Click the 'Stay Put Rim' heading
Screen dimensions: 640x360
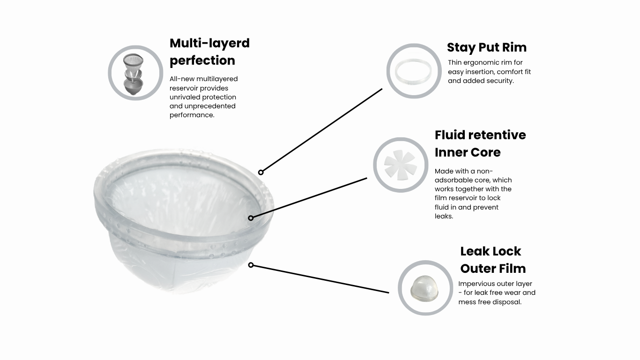[x=487, y=47]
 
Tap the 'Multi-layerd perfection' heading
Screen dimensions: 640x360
[x=209, y=52]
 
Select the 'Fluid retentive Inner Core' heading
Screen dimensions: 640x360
[x=480, y=143]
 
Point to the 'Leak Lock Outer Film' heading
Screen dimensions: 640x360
[x=493, y=260]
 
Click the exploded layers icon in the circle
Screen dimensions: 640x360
[x=134, y=75]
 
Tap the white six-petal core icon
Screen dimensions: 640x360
[x=400, y=165]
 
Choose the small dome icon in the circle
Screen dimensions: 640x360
[x=424, y=288]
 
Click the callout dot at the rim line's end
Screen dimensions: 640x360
[x=260, y=172]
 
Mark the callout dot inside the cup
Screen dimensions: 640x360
[x=251, y=218]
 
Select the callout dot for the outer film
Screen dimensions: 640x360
[x=251, y=265]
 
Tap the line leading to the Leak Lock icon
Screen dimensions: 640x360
[x=321, y=279]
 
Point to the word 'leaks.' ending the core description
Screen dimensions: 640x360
[x=444, y=217]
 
